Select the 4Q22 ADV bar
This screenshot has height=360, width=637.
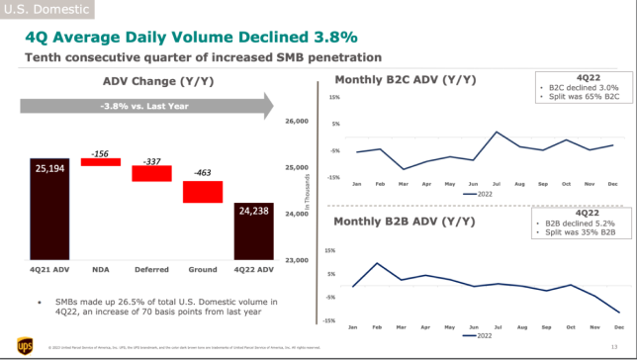click(x=254, y=230)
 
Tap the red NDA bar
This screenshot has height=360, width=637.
click(x=99, y=162)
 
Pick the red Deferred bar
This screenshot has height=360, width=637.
click(x=151, y=173)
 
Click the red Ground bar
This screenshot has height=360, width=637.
click(x=203, y=192)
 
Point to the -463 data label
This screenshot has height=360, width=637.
click(x=203, y=173)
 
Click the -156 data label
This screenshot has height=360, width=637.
click(x=99, y=153)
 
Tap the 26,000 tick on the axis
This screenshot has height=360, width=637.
click(x=298, y=122)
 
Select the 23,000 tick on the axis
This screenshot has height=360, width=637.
click(x=298, y=260)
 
